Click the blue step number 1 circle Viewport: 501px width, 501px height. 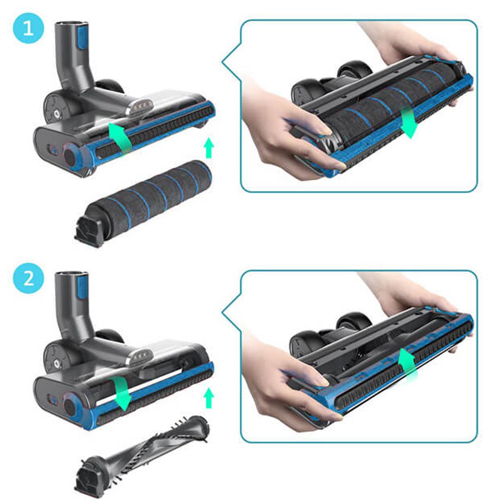click(x=28, y=28)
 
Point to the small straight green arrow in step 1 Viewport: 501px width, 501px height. click(x=209, y=149)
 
